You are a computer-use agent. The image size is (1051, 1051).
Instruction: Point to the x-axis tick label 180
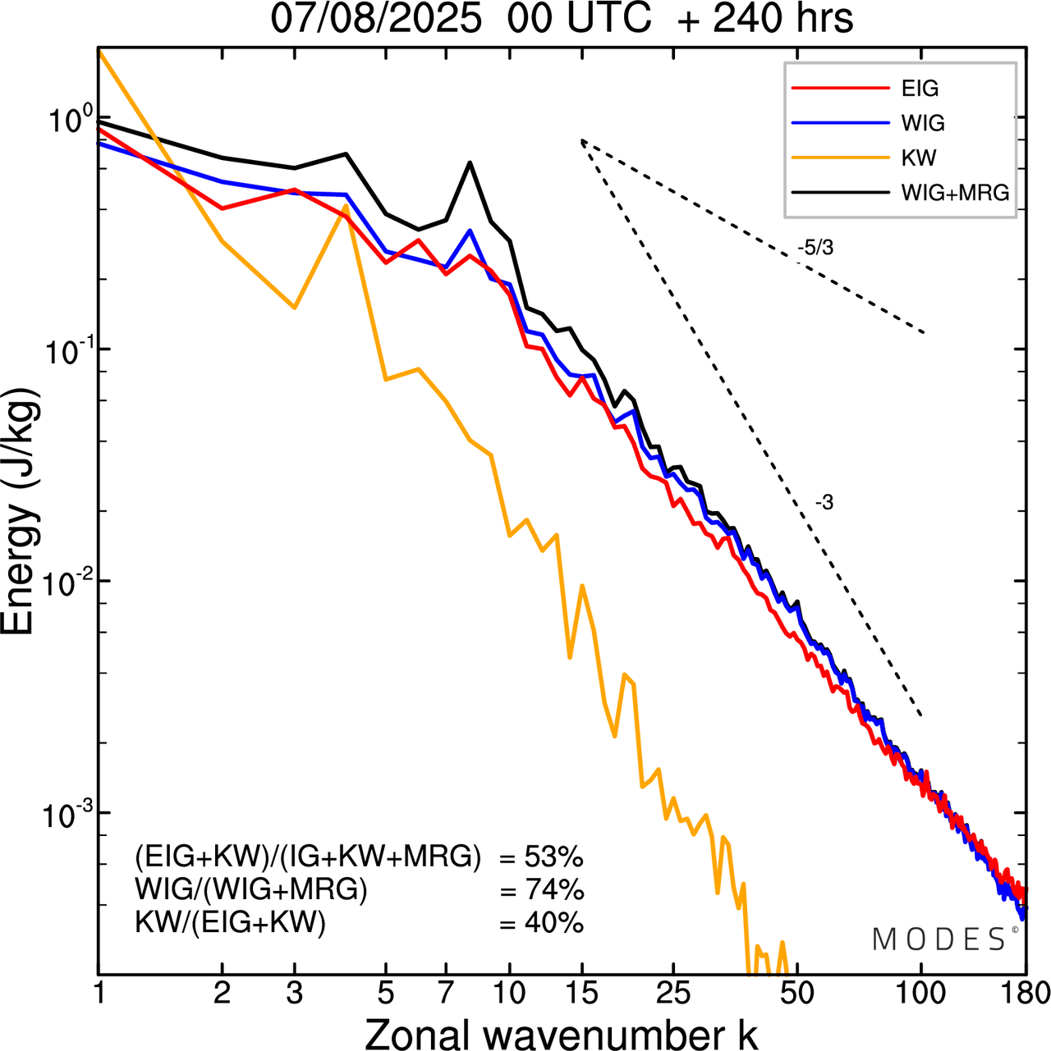pos(1026,994)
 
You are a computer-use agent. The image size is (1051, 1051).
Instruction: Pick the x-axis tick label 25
pos(672,994)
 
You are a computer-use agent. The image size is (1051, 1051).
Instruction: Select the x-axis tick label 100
pos(920,994)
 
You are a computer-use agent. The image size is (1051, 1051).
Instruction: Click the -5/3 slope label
pos(815,248)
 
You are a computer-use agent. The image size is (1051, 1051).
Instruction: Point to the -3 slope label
pos(824,503)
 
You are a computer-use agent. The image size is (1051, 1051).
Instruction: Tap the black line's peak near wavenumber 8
pos(470,162)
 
